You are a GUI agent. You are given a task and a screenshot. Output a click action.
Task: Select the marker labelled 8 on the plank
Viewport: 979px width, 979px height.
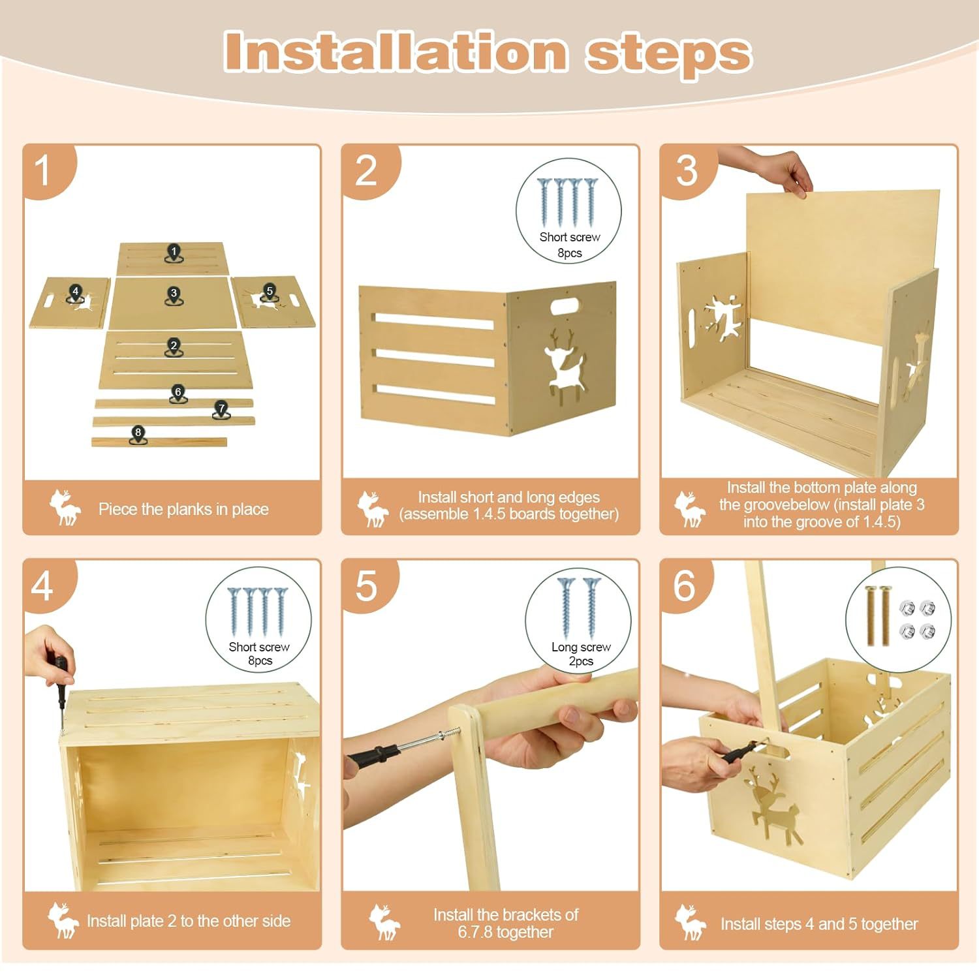[x=138, y=435]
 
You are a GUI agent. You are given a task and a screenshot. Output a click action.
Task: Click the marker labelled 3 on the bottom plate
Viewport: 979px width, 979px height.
[x=173, y=296]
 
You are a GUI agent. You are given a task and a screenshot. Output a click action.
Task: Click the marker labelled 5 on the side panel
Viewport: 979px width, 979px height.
[x=269, y=293]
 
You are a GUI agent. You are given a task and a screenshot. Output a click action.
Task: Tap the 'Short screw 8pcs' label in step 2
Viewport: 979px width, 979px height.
[x=569, y=245]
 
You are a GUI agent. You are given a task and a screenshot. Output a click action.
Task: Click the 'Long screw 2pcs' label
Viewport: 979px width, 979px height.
[x=581, y=654]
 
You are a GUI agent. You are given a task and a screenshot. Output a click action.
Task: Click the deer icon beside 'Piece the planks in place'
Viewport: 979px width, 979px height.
[x=65, y=508]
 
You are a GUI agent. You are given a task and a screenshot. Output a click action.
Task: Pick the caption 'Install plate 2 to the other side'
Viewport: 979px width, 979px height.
[x=189, y=921]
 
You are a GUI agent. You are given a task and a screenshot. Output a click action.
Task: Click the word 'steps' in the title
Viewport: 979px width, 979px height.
[x=668, y=53]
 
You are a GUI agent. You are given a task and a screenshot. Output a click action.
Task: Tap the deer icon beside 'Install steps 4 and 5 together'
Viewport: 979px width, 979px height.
[x=691, y=922]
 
